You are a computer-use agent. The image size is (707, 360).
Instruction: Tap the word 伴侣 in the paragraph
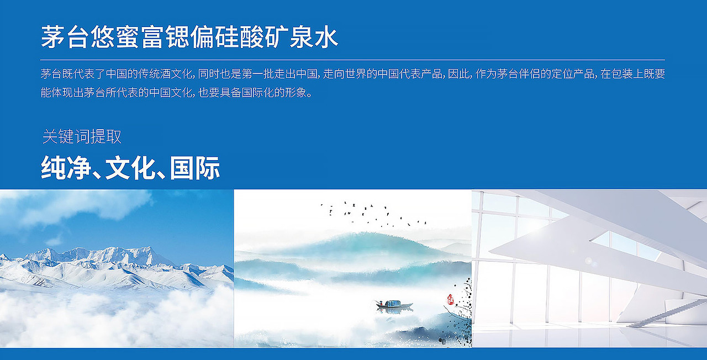tap(534, 74)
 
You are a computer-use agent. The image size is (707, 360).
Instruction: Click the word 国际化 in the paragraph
tap(261, 92)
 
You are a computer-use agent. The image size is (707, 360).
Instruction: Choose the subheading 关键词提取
tap(82, 136)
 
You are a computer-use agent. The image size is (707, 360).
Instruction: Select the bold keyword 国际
tap(195, 168)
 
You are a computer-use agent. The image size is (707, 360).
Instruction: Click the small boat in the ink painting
tap(394, 304)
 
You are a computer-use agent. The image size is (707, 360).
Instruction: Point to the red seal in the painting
tap(450, 299)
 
